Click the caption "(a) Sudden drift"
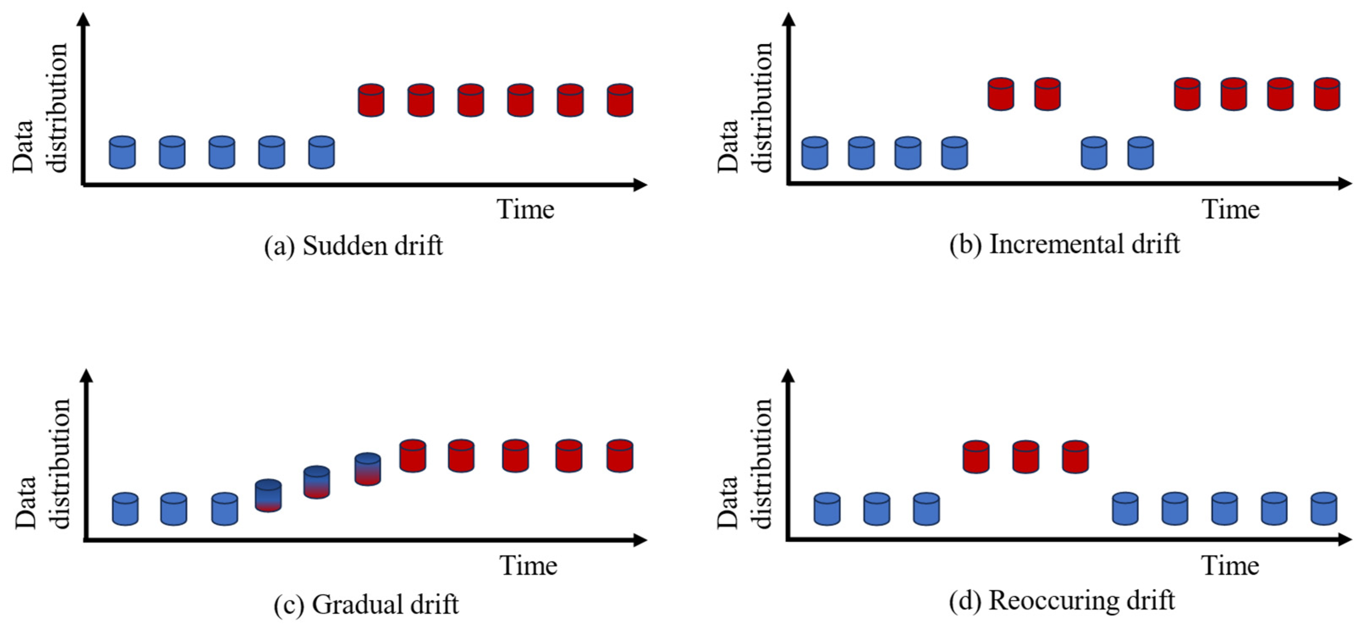pyautogui.click(x=353, y=246)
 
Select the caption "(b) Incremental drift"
pyautogui.click(x=1064, y=245)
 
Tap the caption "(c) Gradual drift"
pyautogui.click(x=366, y=605)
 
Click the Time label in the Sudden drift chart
pyautogui.click(x=525, y=209)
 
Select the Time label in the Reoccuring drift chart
pyautogui.click(x=1230, y=566)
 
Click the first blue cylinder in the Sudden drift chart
pyautogui.click(x=122, y=153)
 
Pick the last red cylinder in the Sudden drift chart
pyautogui.click(x=620, y=100)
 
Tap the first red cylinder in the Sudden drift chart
pyautogui.click(x=371, y=100)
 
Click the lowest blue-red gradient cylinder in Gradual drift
pyautogui.click(x=268, y=495)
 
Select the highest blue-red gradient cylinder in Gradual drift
pyautogui.click(x=367, y=469)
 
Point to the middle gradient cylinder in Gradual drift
pyautogui.click(x=317, y=482)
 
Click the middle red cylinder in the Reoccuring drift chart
pyautogui.click(x=1026, y=457)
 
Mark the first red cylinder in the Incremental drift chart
pyautogui.click(x=1001, y=94)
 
